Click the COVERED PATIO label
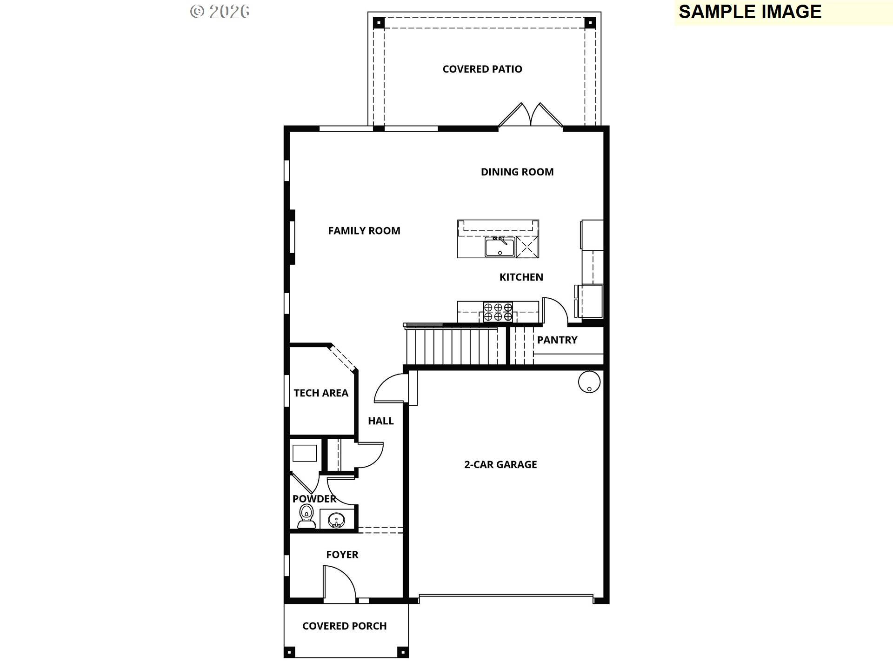point(482,69)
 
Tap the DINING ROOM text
point(517,172)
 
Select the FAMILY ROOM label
point(364,231)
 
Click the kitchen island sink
point(500,247)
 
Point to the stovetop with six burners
point(498,312)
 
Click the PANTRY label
point(557,340)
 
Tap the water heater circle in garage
point(589,382)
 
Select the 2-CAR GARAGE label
point(500,464)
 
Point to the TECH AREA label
point(321,393)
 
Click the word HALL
point(380,421)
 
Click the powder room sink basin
point(336,519)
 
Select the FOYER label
point(342,555)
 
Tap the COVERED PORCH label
point(344,626)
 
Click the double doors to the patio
point(531,115)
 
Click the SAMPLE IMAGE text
point(750,12)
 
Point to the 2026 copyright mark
point(220,12)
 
